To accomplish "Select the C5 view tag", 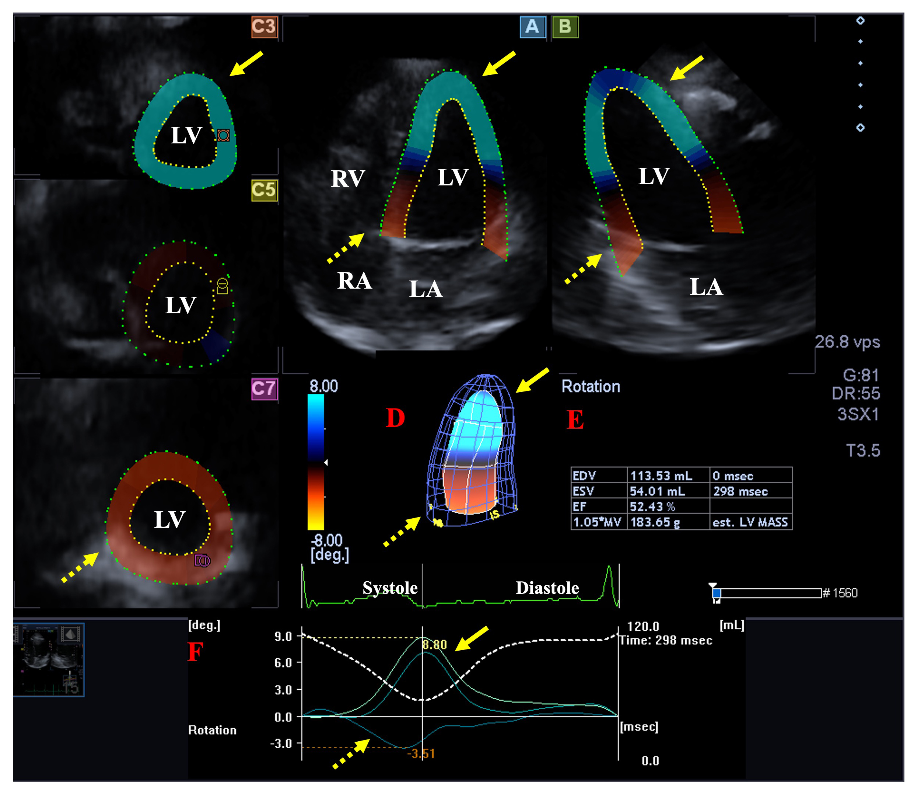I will (x=264, y=190).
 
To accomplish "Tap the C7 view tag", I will (x=264, y=389).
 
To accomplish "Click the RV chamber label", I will (x=348, y=179).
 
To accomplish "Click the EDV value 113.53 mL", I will (x=661, y=476).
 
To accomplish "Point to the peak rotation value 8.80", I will (x=434, y=645).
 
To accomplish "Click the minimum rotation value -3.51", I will (x=421, y=753).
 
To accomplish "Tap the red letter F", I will (x=195, y=652).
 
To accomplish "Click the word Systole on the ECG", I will (x=390, y=588).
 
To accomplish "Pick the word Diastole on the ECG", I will (x=547, y=588).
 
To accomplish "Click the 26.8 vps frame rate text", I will (x=847, y=342).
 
